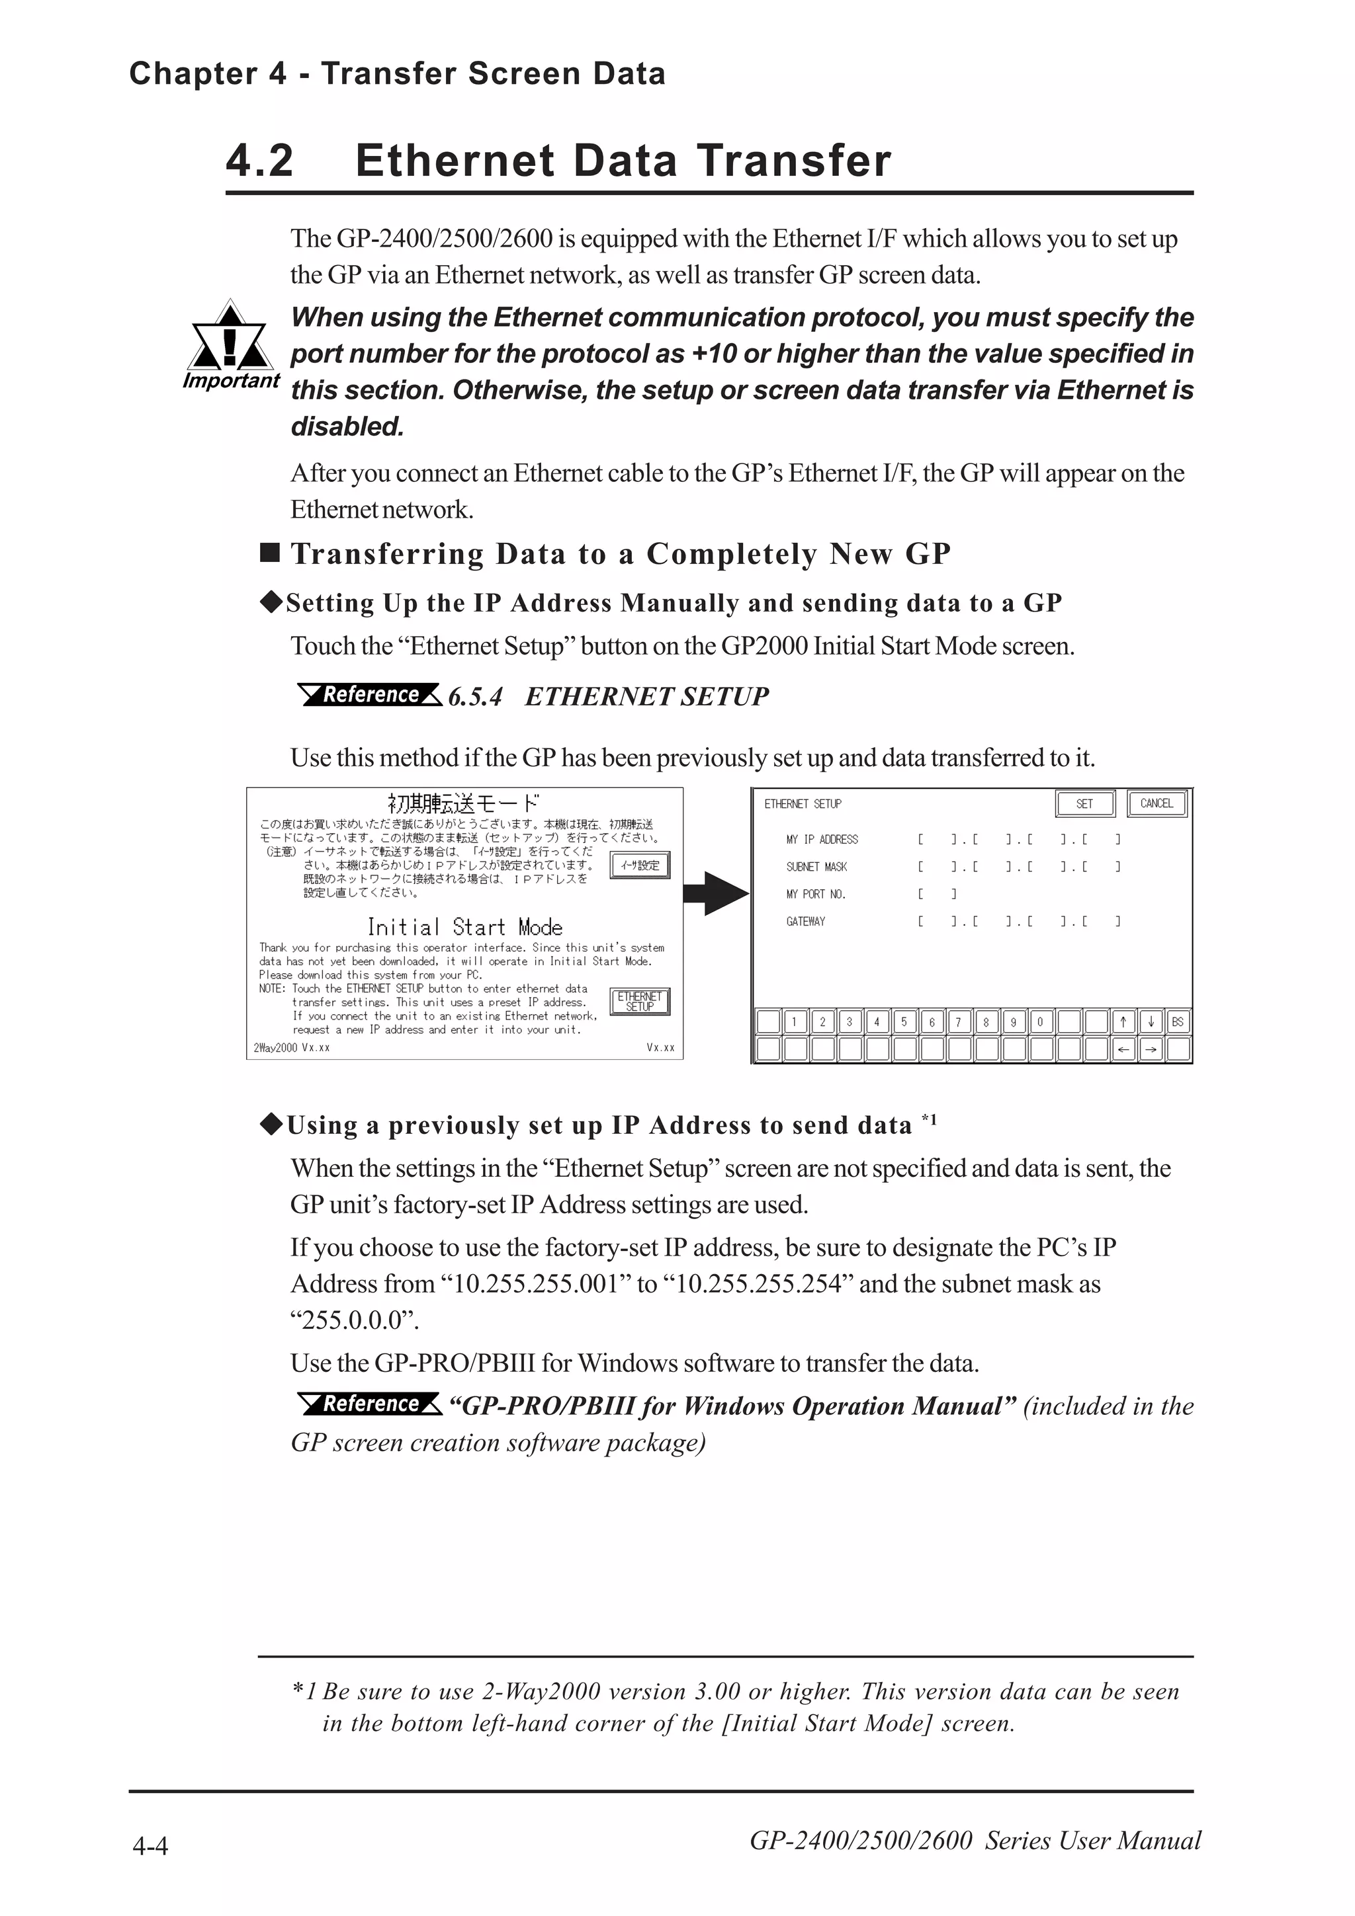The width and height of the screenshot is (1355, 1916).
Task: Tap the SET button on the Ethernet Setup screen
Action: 1084,803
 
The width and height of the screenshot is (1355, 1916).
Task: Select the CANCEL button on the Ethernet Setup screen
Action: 1157,803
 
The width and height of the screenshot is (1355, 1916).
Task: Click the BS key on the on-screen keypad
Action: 1177,1021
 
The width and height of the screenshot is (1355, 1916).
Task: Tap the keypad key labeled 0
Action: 1039,1021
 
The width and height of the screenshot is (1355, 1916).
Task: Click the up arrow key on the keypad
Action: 1123,1021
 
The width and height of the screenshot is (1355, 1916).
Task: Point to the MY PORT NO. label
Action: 816,895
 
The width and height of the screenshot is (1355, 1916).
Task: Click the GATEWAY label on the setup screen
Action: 806,921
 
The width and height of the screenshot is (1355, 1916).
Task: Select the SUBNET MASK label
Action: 816,867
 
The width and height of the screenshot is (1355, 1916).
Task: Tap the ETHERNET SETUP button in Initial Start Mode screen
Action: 640,1002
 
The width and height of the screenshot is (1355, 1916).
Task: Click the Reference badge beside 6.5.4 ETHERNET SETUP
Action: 370,694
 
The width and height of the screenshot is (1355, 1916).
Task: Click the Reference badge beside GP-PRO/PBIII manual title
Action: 370,1404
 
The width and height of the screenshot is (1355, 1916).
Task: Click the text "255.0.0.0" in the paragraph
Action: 354,1320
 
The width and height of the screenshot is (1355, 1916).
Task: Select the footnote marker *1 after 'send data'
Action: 928,1120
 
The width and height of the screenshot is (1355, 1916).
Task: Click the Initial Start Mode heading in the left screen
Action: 464,927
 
